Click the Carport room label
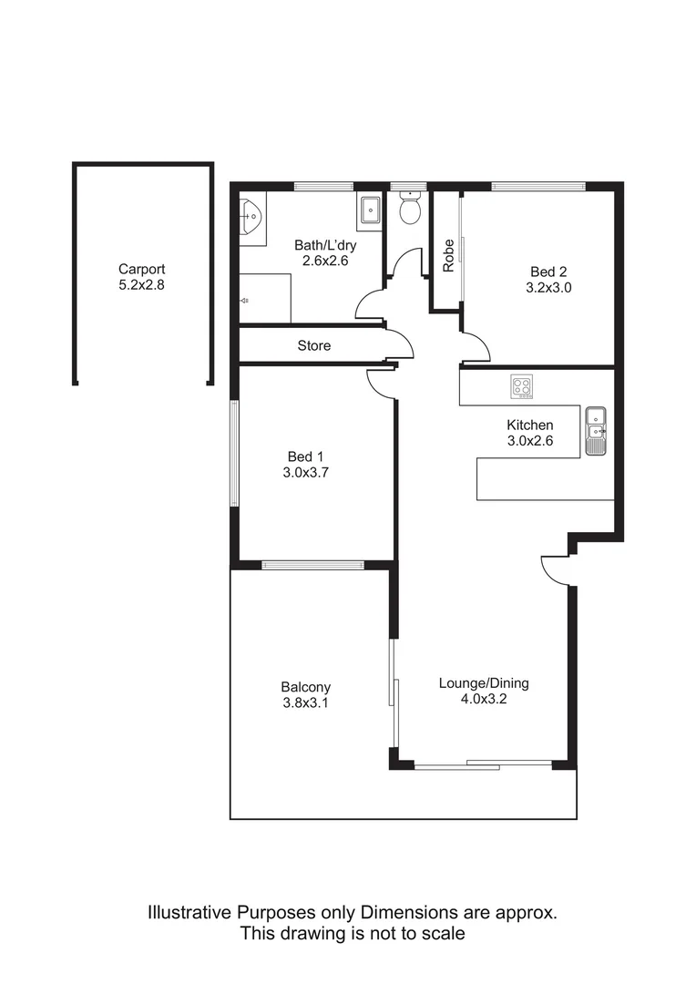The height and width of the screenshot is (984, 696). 141,269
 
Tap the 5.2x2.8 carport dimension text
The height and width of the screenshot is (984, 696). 141,284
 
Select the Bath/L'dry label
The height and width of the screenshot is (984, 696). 324,244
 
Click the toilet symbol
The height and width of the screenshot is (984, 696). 409,210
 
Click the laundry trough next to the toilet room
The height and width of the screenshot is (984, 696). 370,210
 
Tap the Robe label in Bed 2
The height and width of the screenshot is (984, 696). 448,255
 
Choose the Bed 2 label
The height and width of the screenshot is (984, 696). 548,271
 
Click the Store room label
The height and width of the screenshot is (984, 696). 313,346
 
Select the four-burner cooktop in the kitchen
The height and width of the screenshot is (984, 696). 522,387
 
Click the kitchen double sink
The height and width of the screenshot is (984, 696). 596,431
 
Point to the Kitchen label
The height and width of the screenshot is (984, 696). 529,425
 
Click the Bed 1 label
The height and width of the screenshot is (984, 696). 305,456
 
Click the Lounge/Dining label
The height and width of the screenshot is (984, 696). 484,682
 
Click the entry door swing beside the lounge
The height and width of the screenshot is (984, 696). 553,569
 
